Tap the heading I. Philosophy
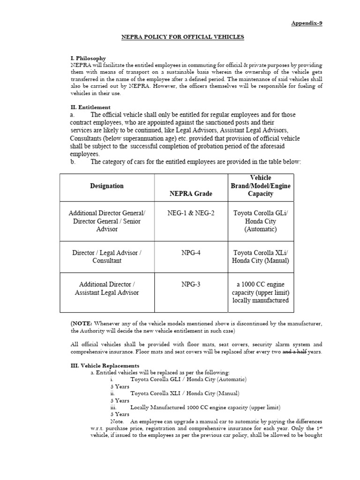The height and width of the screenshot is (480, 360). (x=88, y=58)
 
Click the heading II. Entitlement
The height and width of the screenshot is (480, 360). (x=90, y=107)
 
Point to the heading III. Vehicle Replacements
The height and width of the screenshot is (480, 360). (x=105, y=365)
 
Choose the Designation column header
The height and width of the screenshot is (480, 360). (x=107, y=186)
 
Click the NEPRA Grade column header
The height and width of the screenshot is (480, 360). (x=191, y=194)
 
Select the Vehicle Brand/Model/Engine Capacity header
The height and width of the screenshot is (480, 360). (x=261, y=186)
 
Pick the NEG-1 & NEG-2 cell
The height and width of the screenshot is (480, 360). (x=191, y=213)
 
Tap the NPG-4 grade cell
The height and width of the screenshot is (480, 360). (x=191, y=253)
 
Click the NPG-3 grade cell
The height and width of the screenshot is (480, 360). (x=191, y=285)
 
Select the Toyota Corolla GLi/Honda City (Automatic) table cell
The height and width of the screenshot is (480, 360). (x=261, y=221)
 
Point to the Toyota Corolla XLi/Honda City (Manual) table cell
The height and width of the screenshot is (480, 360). (x=261, y=256)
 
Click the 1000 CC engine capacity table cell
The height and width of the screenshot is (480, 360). (x=261, y=292)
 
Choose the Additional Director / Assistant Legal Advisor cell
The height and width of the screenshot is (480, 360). (x=107, y=288)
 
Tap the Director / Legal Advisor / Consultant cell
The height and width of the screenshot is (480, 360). (x=107, y=256)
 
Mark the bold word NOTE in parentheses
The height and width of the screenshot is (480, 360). (x=82, y=323)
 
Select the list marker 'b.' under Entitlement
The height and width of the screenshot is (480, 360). (x=73, y=162)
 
